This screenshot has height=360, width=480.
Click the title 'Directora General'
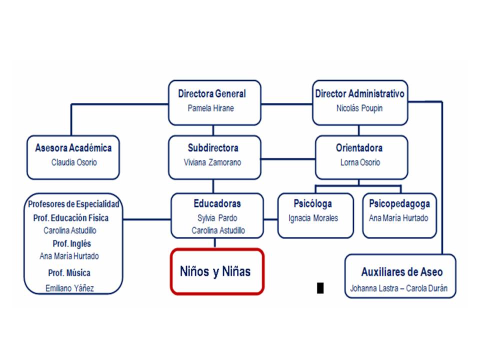212,93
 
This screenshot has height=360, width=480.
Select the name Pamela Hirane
210,108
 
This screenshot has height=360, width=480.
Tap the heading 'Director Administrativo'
359,93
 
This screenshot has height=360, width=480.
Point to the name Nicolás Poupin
359,108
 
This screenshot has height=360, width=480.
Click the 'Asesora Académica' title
73,148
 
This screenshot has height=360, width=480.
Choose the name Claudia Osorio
74,162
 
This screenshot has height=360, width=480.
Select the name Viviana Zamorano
212,162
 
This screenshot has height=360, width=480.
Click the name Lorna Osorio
360,162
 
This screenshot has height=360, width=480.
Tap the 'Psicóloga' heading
313,203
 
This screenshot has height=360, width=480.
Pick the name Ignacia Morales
313,218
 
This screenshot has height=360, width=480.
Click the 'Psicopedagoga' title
399,203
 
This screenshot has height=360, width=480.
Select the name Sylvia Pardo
217,218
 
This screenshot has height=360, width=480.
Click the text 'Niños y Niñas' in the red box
215,271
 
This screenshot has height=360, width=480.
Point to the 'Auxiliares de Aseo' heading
402,272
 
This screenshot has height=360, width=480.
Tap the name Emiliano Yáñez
70,288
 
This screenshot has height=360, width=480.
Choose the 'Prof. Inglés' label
72,243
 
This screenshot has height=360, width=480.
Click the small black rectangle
320,288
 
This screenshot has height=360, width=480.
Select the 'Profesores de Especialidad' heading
73,204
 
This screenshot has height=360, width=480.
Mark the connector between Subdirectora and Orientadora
288,159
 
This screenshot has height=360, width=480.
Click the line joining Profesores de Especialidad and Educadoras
147,219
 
